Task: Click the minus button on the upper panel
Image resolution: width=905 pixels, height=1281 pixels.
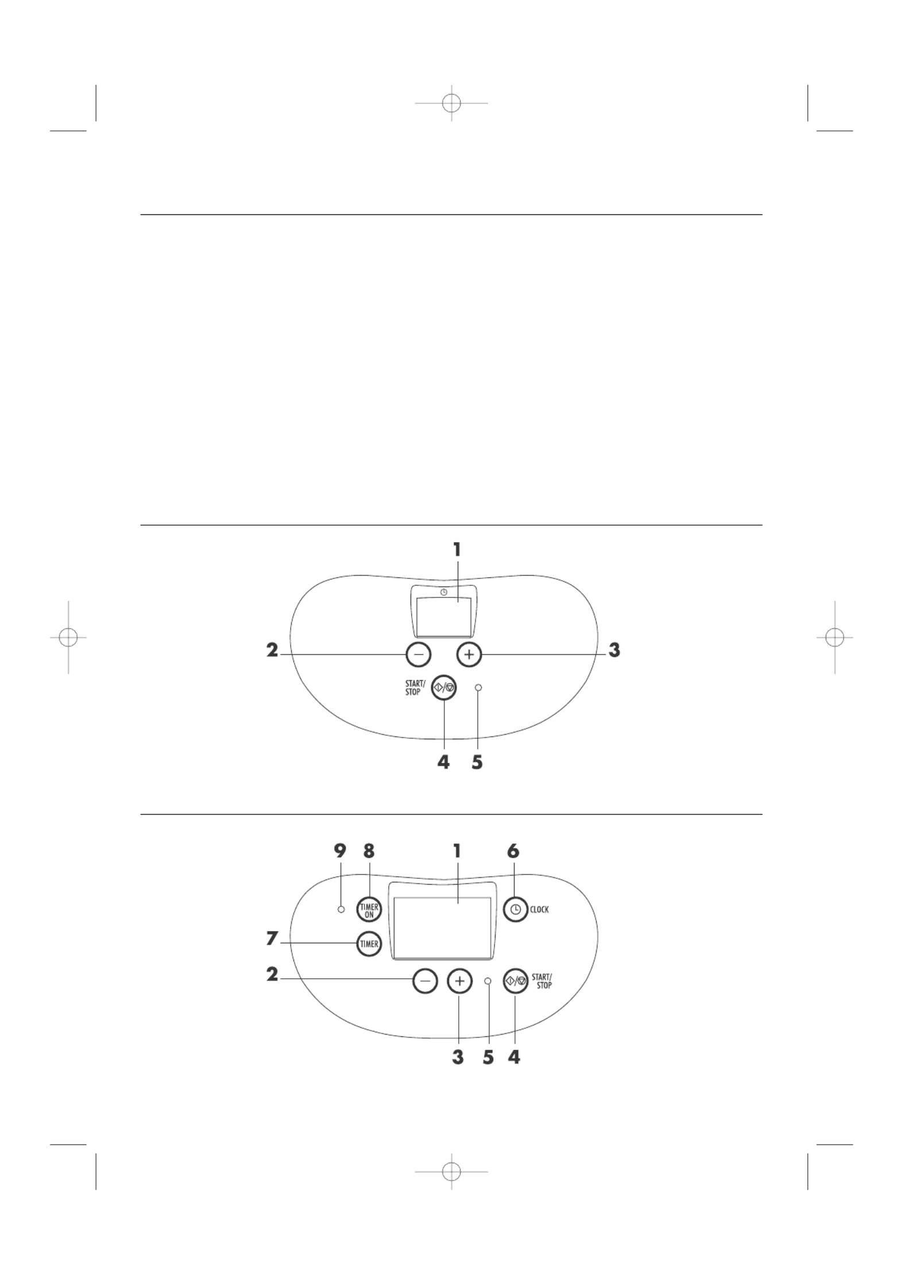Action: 418,654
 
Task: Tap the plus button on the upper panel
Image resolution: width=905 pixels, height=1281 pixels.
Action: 469,654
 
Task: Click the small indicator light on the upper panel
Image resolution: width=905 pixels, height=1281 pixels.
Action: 478,687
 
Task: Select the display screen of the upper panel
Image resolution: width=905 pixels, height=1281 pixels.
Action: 443,616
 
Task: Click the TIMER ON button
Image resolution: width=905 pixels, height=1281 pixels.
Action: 369,910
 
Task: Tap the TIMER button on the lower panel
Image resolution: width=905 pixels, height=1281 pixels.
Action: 369,943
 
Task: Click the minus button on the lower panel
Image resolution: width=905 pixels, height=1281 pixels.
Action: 425,981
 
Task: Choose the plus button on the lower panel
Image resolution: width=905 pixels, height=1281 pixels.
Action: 459,981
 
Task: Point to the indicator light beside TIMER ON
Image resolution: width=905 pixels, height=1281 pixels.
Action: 341,909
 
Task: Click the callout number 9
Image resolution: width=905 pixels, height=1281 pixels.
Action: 341,851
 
